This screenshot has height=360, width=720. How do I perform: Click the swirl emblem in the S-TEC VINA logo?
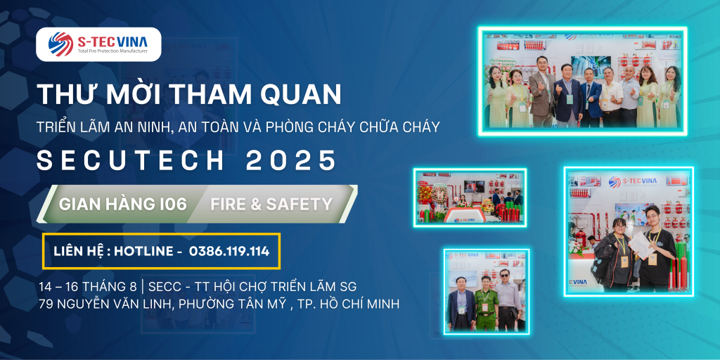coord(60,44)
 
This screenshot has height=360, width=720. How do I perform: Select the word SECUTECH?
coord(130,161)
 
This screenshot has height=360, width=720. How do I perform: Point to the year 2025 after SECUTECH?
coord(290,161)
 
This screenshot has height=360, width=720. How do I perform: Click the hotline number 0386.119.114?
coord(229,251)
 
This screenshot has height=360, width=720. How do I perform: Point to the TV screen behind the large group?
coord(591,65)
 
